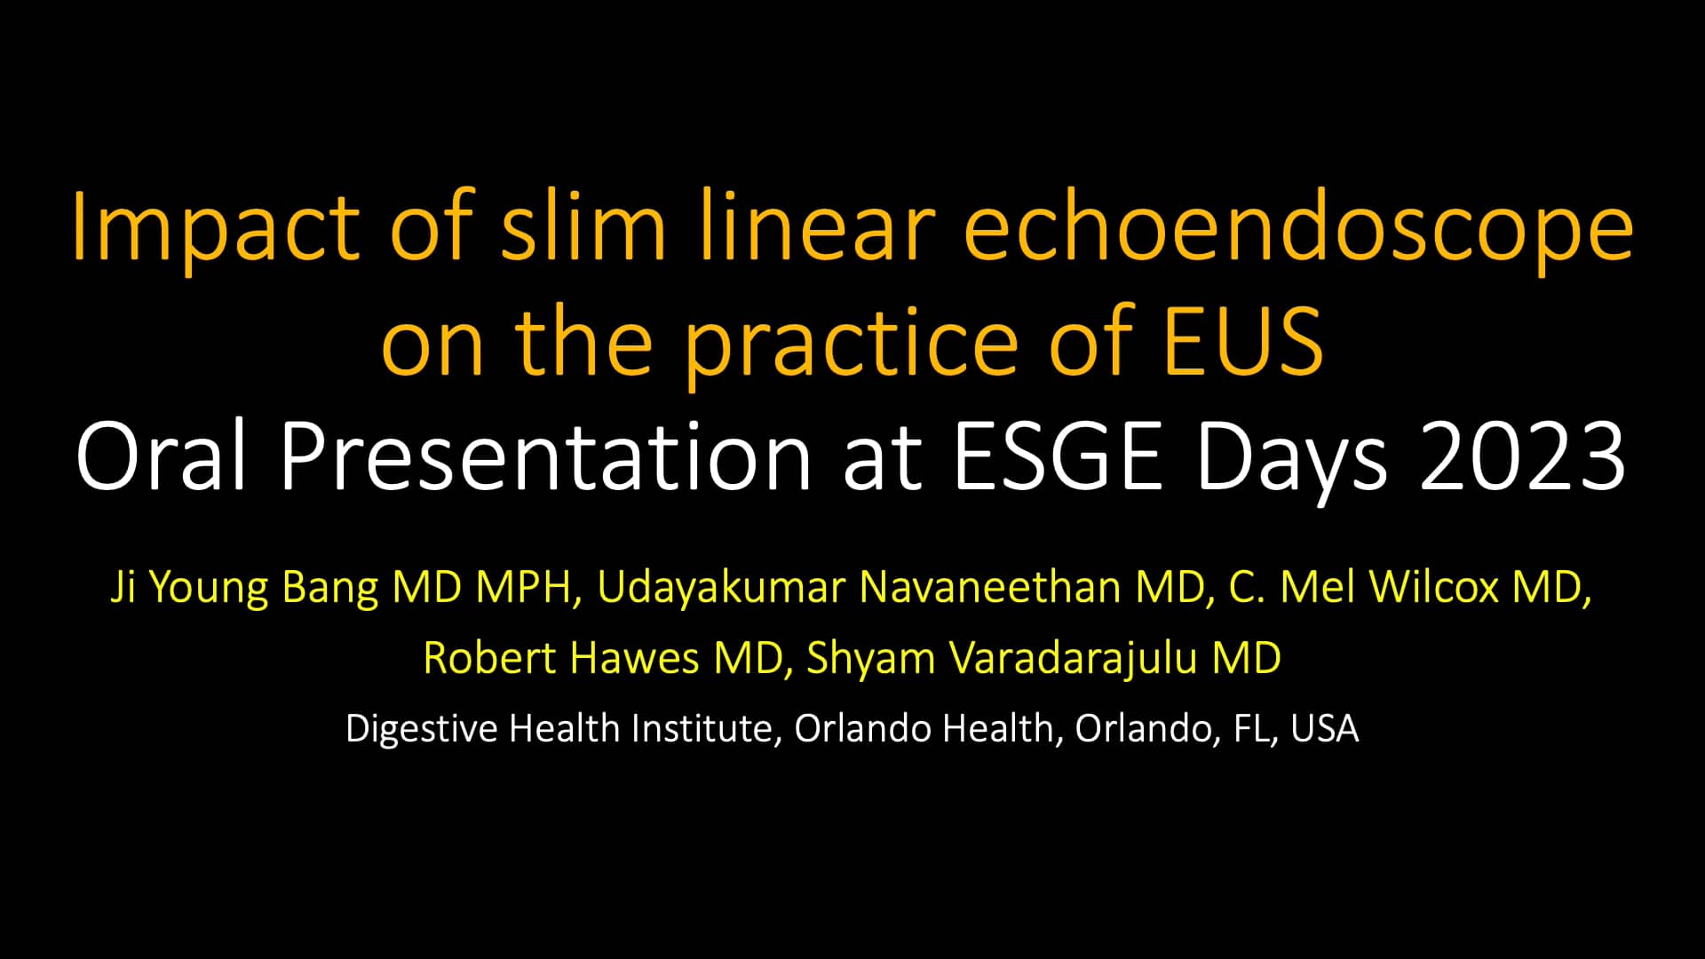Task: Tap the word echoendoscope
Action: [1298, 229]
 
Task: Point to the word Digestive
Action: [422, 729]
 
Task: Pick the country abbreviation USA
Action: [1325, 729]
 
